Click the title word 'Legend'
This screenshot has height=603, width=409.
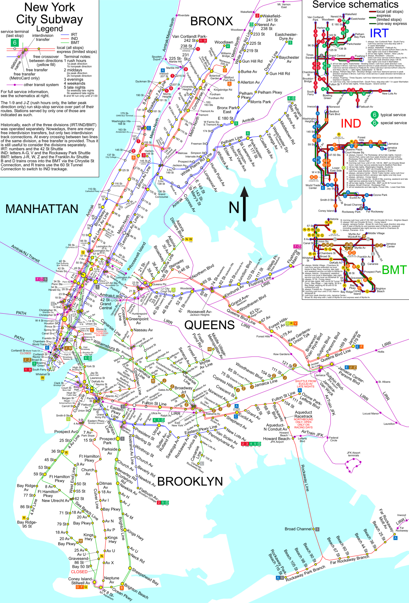[49, 29]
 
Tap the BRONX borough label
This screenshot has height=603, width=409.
[212, 21]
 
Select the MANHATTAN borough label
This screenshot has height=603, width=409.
[42, 209]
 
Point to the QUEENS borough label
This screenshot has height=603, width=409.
[209, 325]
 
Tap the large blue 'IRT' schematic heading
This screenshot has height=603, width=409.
[379, 33]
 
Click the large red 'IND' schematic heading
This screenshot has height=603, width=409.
[351, 123]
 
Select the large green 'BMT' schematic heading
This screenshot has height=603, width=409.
[394, 270]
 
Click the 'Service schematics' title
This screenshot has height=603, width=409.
[355, 4]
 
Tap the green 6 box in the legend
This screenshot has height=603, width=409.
[15, 43]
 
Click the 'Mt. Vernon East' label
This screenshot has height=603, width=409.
[284, 6]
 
